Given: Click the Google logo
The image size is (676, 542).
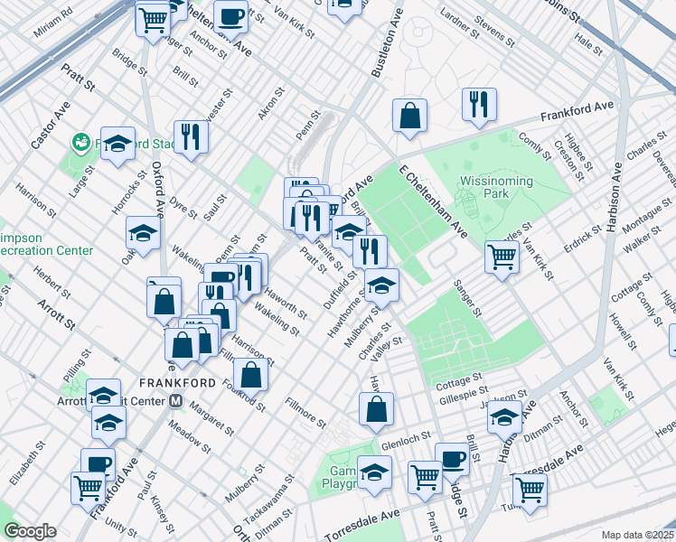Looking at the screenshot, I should [x=30, y=531].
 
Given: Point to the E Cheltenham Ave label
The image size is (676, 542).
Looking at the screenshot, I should [x=431, y=201].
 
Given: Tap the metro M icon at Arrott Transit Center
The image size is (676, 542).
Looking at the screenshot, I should [x=177, y=401].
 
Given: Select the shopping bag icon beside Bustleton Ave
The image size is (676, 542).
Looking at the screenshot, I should [x=409, y=116].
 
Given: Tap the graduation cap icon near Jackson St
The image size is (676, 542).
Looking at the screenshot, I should [x=504, y=417].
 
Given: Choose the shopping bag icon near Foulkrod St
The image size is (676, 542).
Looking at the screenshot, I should [x=251, y=373].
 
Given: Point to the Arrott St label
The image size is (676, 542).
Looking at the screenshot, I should [x=56, y=312].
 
